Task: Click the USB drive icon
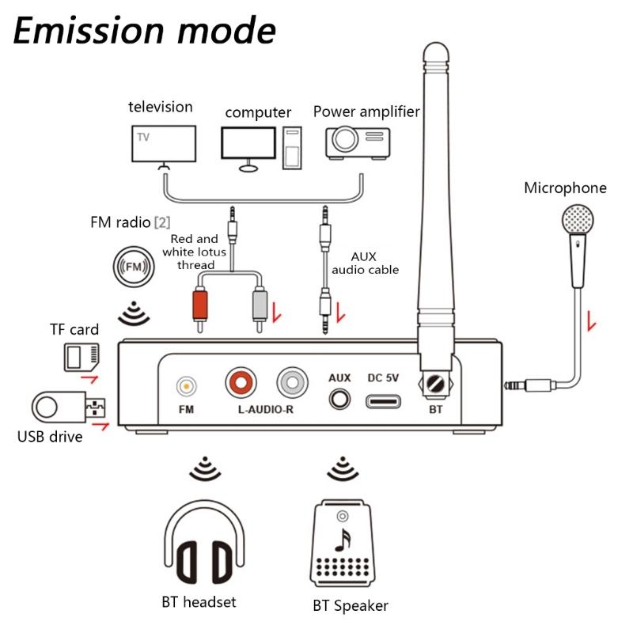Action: point(67,408)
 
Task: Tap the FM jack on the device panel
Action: point(186,387)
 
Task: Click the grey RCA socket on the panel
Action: point(293,384)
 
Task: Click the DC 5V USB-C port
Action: point(383,400)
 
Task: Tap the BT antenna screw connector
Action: point(434,385)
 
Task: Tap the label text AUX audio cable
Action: point(365,263)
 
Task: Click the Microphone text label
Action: point(565,188)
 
